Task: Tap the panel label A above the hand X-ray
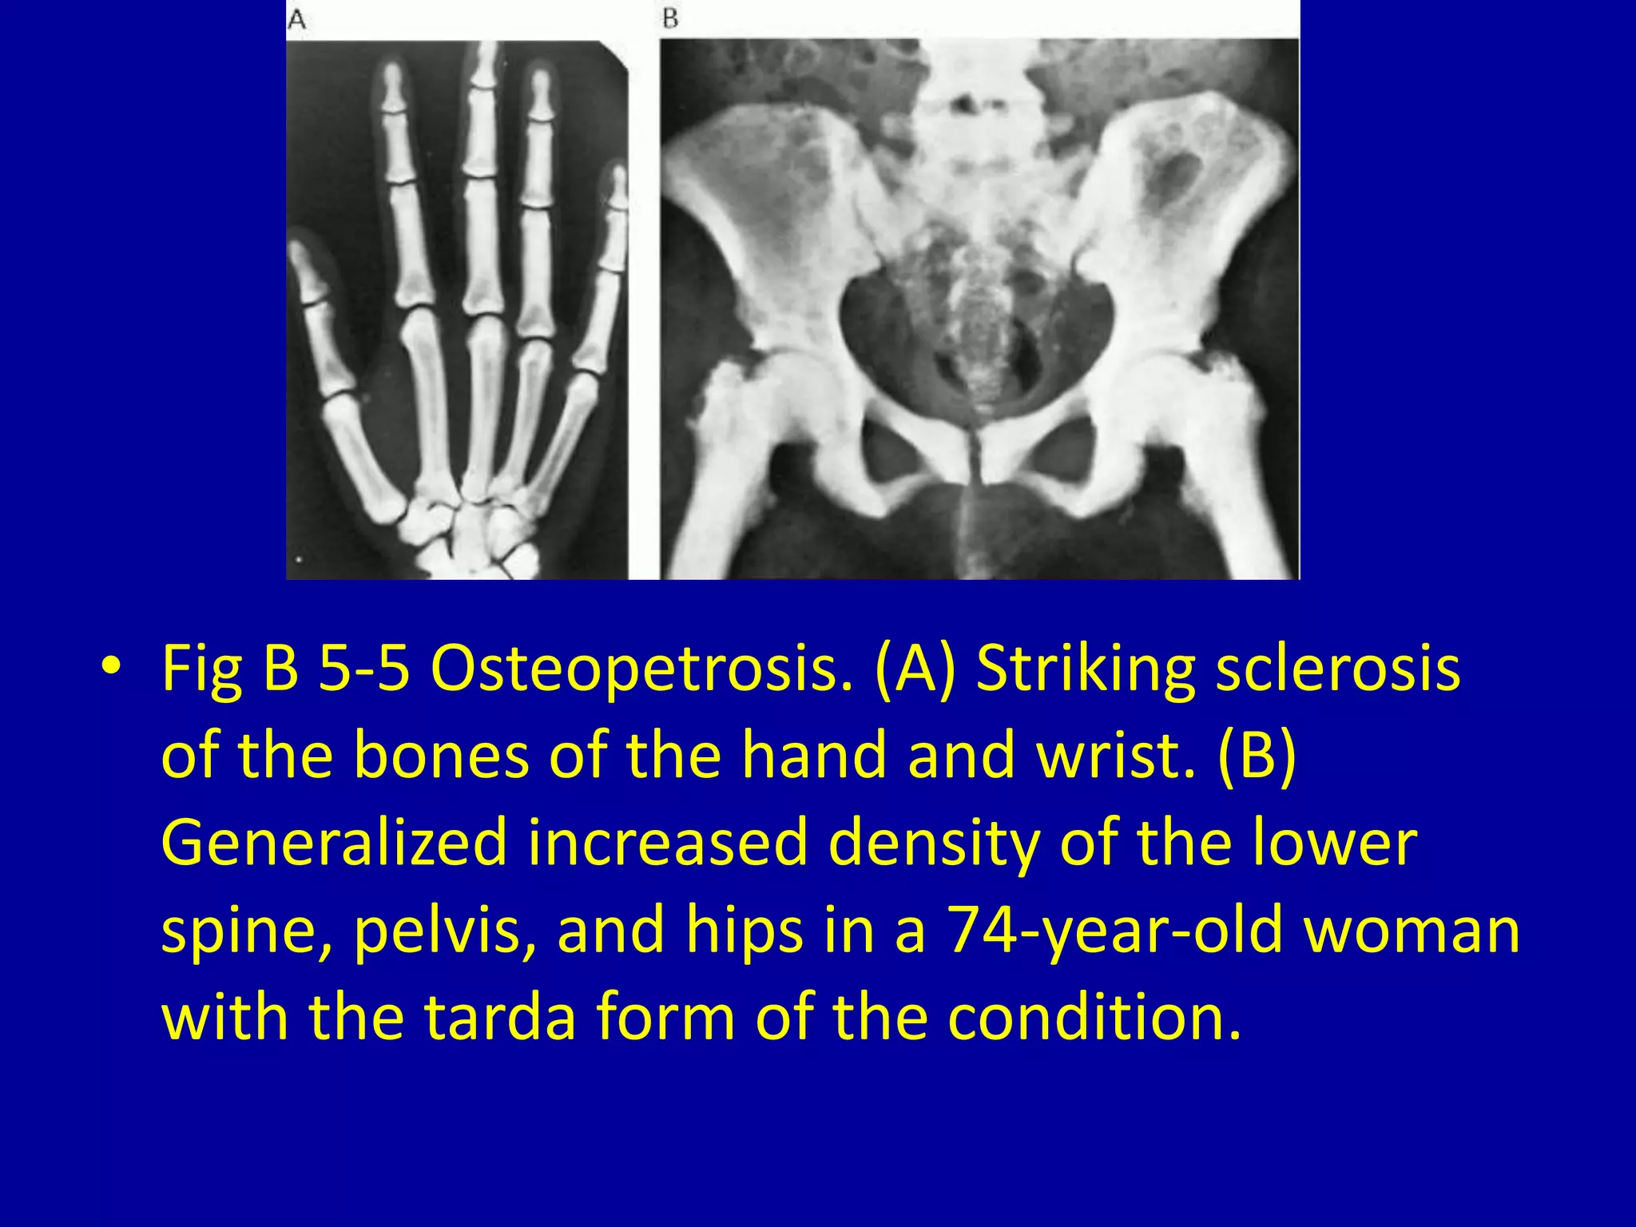tap(296, 20)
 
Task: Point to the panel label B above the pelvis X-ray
tap(670, 18)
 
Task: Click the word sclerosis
tap(1338, 669)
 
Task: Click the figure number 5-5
tap(364, 669)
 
